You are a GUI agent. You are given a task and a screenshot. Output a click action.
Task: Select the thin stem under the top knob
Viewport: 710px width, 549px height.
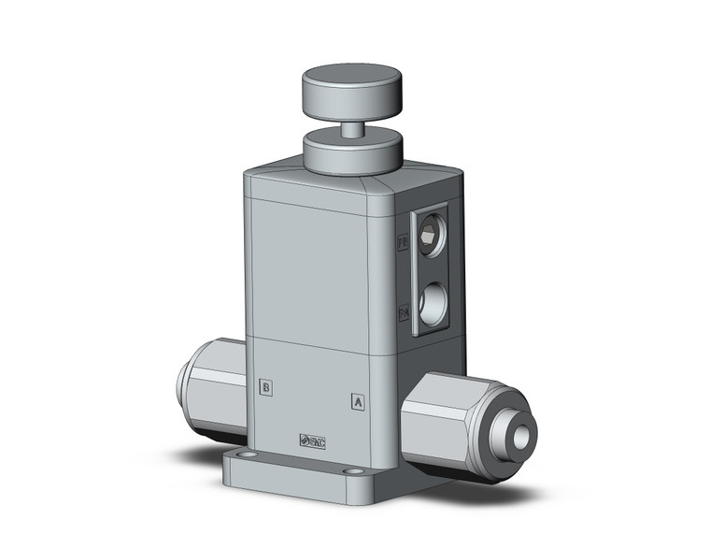[x=351, y=129]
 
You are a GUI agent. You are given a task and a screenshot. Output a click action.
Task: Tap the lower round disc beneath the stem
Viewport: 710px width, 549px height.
[x=352, y=152]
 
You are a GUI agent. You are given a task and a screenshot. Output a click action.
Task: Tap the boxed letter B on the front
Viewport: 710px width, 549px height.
[x=266, y=386]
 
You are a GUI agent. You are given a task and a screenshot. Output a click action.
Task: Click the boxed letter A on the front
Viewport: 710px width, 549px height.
[x=356, y=402]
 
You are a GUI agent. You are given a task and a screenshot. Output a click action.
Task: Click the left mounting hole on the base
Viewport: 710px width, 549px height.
[x=251, y=459]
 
